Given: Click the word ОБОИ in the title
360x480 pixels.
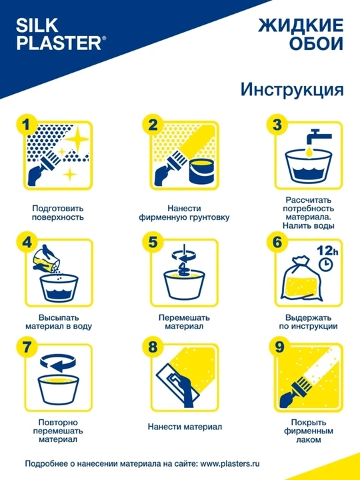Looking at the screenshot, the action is point(316,44).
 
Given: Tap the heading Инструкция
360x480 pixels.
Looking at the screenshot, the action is point(292,89).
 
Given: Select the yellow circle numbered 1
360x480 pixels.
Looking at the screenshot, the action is point(27,125).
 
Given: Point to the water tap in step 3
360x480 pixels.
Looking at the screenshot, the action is point(315,137).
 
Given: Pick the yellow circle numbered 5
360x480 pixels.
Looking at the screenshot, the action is point(153,242).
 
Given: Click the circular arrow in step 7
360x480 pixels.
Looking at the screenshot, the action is point(58,363).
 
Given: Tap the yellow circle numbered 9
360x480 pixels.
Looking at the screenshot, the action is point(279,349).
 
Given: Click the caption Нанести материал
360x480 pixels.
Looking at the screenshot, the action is point(185,427).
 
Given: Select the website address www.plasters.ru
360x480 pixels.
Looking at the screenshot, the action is point(230,463).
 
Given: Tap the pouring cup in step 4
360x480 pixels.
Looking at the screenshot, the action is point(45,259).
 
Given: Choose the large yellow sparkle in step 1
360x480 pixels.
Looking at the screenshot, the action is point(77,139).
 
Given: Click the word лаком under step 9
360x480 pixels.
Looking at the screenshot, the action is point(309,440).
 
